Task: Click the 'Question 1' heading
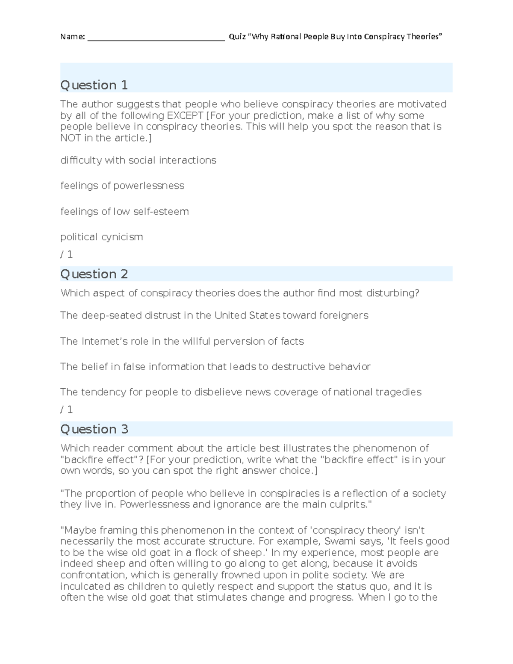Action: click(94, 85)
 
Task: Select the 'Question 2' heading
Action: click(94, 274)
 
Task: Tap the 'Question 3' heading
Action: click(94, 429)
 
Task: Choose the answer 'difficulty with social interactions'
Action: click(138, 160)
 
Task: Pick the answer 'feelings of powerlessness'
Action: click(122, 186)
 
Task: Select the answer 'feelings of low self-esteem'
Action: click(124, 212)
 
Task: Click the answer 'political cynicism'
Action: click(102, 237)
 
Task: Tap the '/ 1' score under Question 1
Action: click(67, 255)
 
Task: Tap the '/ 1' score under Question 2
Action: click(67, 410)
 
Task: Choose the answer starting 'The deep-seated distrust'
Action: click(214, 316)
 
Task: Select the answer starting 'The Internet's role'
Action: click(182, 341)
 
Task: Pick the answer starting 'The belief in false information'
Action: click(215, 367)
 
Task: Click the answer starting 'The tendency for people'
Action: click(241, 392)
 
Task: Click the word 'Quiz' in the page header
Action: click(237, 37)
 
